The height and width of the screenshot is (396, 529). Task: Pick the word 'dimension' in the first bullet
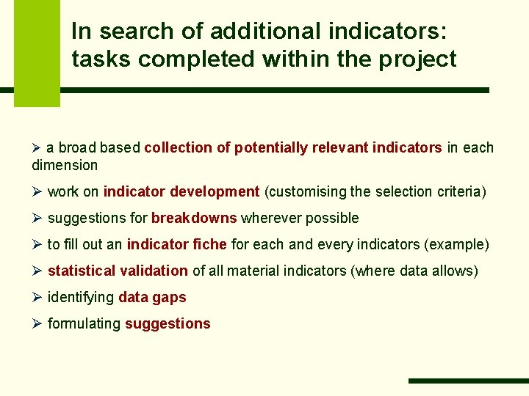[65, 165]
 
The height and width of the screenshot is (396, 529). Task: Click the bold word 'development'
[215, 191]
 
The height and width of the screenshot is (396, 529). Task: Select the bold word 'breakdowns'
[194, 218]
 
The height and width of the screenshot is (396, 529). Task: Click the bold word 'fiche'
[209, 244]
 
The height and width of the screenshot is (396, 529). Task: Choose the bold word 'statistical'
[80, 271]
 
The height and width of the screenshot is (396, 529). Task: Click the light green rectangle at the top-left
[37, 51]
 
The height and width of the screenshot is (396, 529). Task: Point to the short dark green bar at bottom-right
[468, 381]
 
